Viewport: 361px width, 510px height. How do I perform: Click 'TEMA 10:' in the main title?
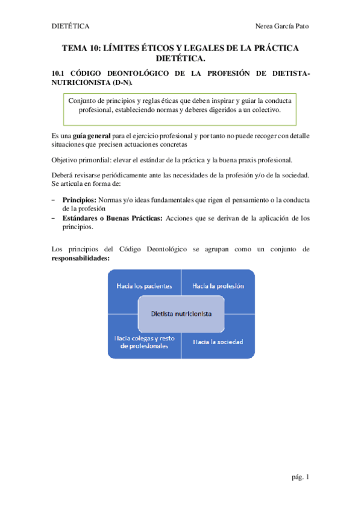[x=83, y=48]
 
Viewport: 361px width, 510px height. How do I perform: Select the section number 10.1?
[x=59, y=73]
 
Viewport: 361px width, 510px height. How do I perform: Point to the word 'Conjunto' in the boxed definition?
[x=83, y=102]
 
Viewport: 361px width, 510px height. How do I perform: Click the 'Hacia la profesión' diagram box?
[x=218, y=286]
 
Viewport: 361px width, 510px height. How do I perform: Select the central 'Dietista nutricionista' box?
[x=181, y=314]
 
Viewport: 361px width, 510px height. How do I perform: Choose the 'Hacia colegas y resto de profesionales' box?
[x=144, y=342]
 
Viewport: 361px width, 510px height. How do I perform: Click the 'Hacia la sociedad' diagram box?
[x=218, y=342]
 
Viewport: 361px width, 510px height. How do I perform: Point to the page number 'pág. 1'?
[x=300, y=477]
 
